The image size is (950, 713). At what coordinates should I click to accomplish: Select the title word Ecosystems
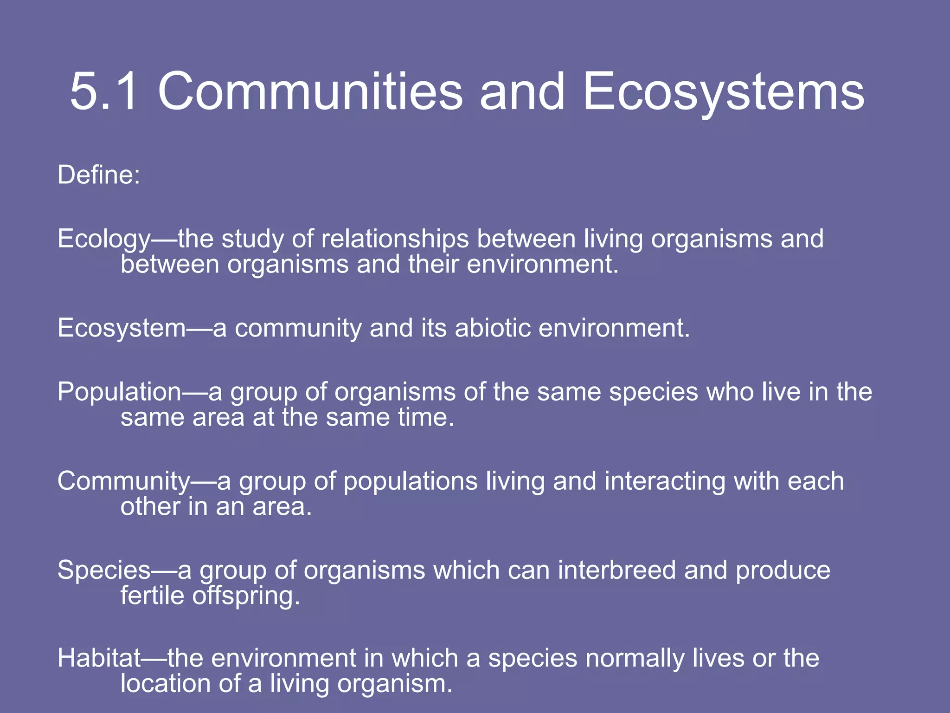coord(723,93)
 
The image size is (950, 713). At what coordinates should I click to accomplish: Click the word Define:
coord(98,175)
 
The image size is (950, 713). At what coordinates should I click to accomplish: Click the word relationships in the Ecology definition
coord(395,240)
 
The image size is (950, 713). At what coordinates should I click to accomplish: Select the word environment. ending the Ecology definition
coord(543,265)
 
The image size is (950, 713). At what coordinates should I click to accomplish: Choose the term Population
coord(119,392)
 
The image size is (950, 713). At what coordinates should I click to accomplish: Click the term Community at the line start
coord(123,481)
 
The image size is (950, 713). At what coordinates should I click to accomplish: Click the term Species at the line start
coord(104,571)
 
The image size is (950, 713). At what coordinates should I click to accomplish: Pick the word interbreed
coord(617,570)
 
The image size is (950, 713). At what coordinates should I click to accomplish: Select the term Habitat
coord(99,658)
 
